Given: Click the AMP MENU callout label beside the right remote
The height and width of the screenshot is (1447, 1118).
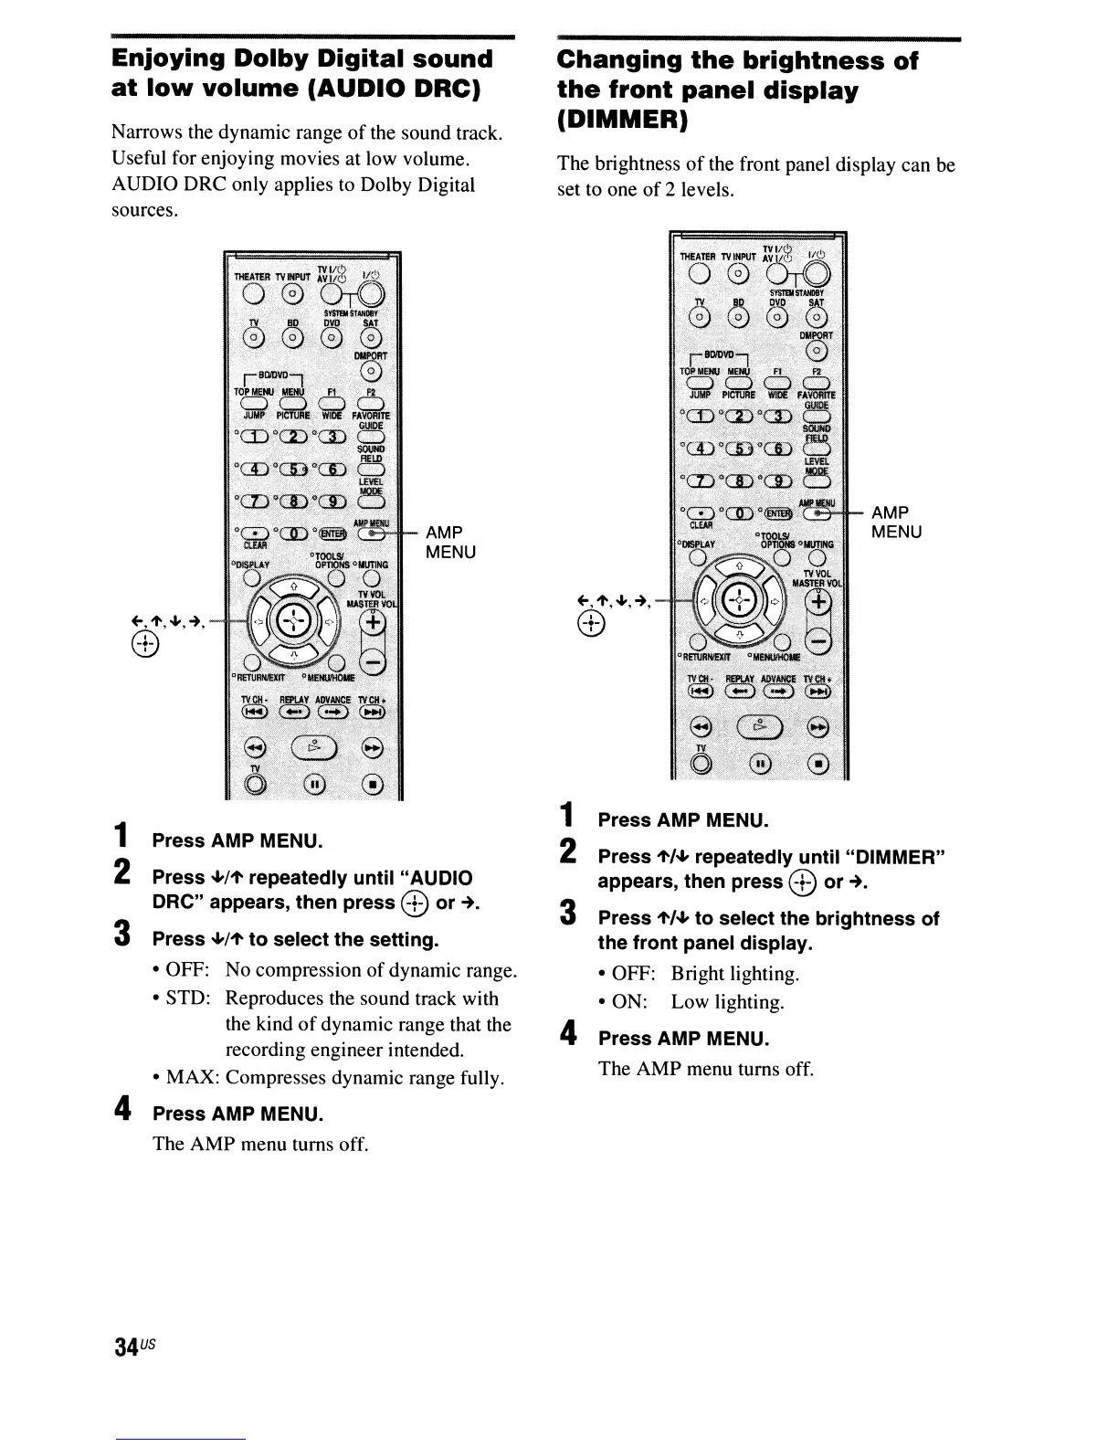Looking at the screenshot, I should click(x=896, y=523).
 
